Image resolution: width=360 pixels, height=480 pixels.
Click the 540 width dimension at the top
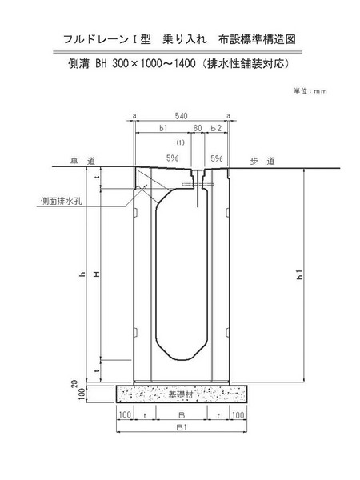pyautogui.click(x=182, y=116)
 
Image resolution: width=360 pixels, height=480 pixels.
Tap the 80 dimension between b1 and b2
pyautogui.click(x=198, y=128)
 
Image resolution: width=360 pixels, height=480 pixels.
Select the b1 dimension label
pyautogui.click(x=163, y=128)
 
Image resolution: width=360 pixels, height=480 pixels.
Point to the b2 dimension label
pyautogui.click(x=216, y=128)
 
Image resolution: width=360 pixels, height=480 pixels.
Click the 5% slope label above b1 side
pyautogui.click(x=172, y=158)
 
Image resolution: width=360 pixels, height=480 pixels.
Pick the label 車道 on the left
pyautogui.click(x=82, y=161)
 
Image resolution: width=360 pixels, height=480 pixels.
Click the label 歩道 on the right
pyautogui.click(x=262, y=161)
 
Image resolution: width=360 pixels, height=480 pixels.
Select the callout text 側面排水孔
pyautogui.click(x=62, y=201)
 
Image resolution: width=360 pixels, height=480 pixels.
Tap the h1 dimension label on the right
pyautogui.click(x=300, y=274)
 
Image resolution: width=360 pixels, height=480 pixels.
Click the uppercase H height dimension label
pyautogui.click(x=97, y=274)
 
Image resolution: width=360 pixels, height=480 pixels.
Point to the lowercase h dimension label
pyautogui.click(x=82, y=274)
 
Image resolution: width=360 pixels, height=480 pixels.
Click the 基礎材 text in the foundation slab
pyautogui.click(x=181, y=394)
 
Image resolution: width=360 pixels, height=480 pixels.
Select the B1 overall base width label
pyautogui.click(x=182, y=427)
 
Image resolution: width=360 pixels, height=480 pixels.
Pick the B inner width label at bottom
pyautogui.click(x=182, y=415)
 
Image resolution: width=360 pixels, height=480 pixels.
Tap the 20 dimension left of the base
pyautogui.click(x=74, y=383)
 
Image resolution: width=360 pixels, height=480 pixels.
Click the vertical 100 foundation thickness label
pyautogui.click(x=82, y=394)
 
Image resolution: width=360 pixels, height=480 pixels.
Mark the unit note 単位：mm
pyautogui.click(x=310, y=91)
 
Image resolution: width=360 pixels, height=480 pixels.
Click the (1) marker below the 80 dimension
pyautogui.click(x=181, y=142)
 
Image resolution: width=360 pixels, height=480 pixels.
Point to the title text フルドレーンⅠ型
pyautogui.click(x=107, y=39)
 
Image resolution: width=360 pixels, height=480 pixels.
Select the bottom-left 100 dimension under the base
pyautogui.click(x=125, y=415)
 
